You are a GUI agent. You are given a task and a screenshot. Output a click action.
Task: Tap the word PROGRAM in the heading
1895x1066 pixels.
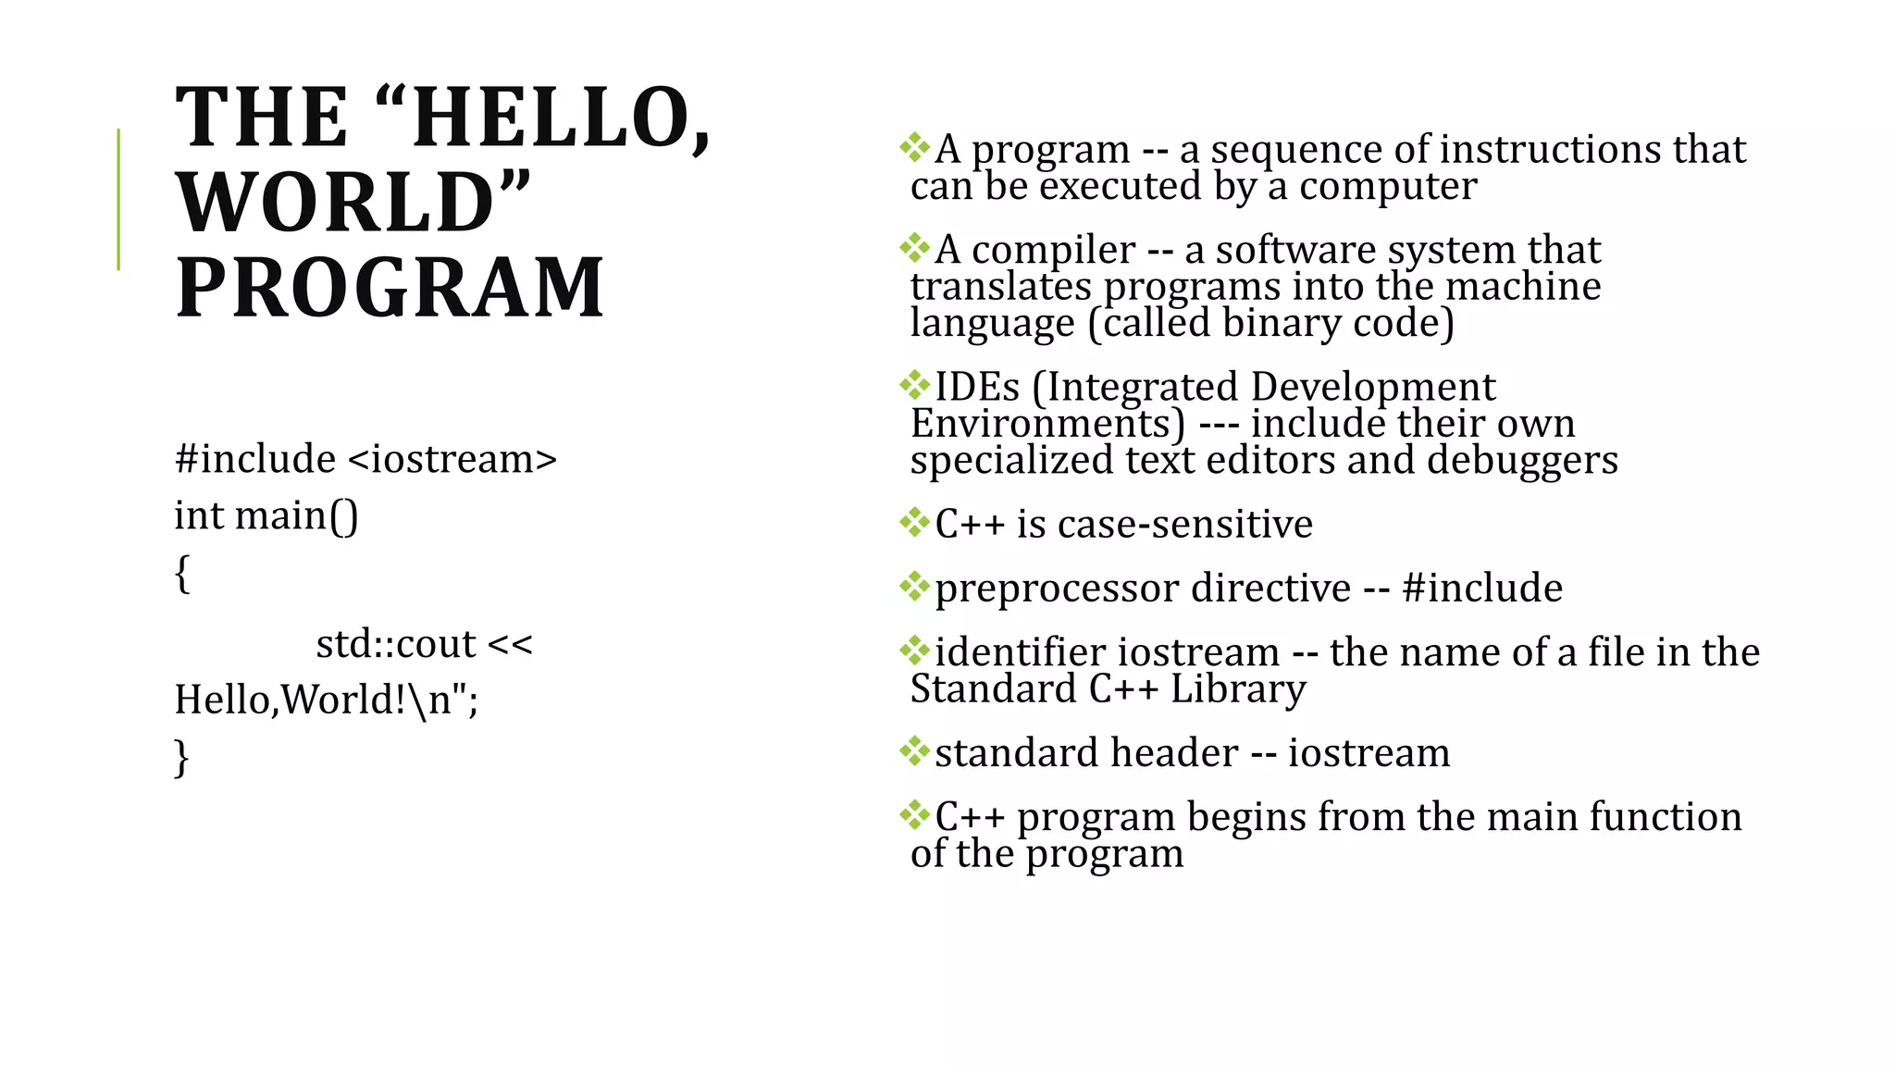[x=390, y=288]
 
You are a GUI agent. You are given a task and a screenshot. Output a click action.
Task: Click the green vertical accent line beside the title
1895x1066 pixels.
[x=118, y=199]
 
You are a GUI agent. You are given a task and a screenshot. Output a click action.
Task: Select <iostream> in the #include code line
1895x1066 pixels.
[x=452, y=459]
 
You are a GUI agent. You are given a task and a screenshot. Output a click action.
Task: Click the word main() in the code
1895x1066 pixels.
[x=297, y=515]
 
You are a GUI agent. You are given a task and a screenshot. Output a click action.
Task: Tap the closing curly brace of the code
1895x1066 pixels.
[x=182, y=757]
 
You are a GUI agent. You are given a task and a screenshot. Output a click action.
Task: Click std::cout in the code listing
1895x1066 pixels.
[x=395, y=643]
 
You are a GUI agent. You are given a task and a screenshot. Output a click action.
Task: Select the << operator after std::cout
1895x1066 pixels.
[x=510, y=643]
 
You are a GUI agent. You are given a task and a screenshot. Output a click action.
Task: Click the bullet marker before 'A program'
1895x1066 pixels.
[x=915, y=147]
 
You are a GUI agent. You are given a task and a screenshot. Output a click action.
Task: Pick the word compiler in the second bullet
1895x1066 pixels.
[x=1053, y=250]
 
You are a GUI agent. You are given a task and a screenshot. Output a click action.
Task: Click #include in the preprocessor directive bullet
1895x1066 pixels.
[x=1482, y=589]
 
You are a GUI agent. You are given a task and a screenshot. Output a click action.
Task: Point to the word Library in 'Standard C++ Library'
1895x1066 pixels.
[x=1238, y=689]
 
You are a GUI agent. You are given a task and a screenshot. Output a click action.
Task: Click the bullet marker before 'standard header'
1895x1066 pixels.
[x=915, y=750]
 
